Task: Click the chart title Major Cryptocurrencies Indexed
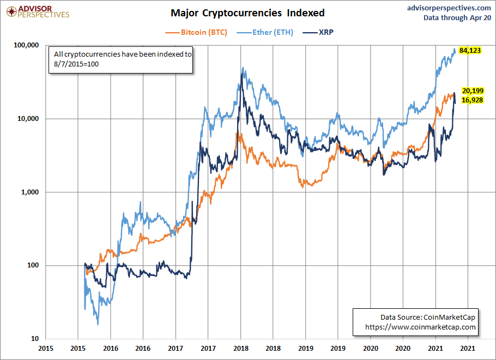coord(247,13)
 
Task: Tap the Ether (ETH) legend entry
coord(265,32)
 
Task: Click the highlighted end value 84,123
coord(470,51)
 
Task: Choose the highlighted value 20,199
coord(473,90)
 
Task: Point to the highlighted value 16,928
coord(473,100)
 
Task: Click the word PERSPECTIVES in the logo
coord(44,15)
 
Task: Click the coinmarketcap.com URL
coord(421,327)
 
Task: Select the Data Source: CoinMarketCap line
coord(428,317)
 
